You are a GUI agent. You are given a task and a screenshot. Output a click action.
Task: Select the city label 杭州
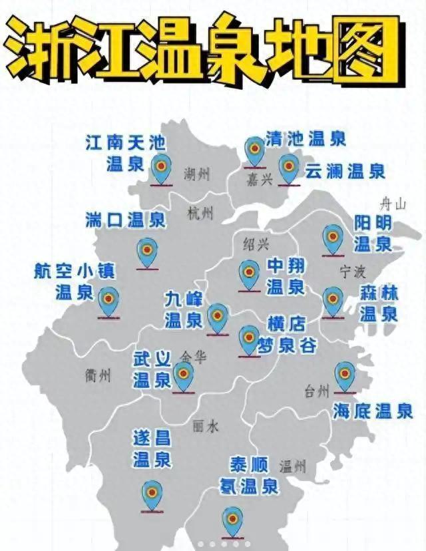point(200,214)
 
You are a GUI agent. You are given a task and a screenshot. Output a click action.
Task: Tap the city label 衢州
point(98,375)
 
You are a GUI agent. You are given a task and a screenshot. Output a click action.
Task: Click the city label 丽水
point(204,427)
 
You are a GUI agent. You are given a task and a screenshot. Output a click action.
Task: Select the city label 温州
point(293,465)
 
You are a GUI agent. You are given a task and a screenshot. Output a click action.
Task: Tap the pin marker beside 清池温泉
point(254,150)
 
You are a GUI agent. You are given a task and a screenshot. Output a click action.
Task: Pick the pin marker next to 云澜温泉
point(288,168)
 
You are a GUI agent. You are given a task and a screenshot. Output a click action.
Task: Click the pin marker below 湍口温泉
point(146,252)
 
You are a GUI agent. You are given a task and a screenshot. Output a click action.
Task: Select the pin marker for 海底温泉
point(344,376)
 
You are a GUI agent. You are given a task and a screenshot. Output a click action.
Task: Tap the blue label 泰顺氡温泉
point(249,475)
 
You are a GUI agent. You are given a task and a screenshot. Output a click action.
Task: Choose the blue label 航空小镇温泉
point(75,281)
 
